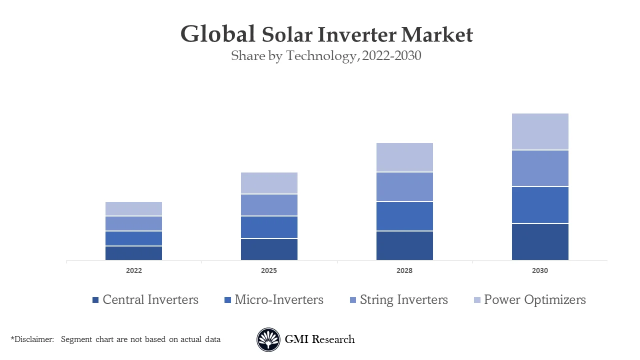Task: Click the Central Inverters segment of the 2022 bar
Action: point(133,253)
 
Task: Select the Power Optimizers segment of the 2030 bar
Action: point(540,131)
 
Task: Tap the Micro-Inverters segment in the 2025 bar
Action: point(269,227)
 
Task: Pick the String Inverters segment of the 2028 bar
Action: point(404,186)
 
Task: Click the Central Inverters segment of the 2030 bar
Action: point(540,241)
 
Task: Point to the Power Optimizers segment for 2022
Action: point(133,208)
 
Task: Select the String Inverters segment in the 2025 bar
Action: point(269,205)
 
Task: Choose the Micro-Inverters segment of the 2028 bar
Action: point(404,216)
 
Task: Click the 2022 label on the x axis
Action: point(133,270)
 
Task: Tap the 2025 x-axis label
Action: point(269,270)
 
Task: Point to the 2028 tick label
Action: point(404,270)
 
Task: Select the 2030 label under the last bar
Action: point(540,270)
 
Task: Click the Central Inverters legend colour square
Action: point(95,300)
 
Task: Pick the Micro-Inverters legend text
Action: point(279,299)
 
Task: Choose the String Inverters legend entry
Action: point(403,299)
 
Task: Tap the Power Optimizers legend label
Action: point(534,299)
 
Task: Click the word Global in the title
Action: point(217,34)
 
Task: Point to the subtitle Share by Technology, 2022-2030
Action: point(326,56)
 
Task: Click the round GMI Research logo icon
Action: point(268,339)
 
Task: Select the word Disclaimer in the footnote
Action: point(33,339)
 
